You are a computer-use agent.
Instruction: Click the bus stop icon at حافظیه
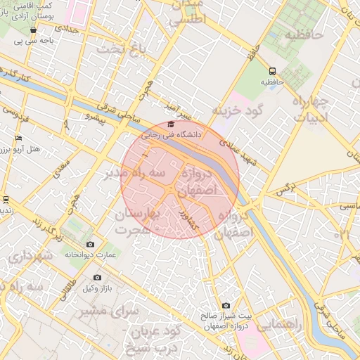point(272,71)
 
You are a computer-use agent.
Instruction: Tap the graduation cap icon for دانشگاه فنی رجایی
point(170,124)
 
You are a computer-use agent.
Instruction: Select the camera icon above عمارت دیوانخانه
point(90,244)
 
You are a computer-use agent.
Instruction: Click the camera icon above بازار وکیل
point(97,278)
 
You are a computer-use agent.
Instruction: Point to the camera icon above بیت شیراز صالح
point(226,305)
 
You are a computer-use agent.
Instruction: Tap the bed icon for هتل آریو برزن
point(18,138)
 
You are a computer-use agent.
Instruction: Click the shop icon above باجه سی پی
point(33,30)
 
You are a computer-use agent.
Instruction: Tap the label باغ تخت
point(116,49)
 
